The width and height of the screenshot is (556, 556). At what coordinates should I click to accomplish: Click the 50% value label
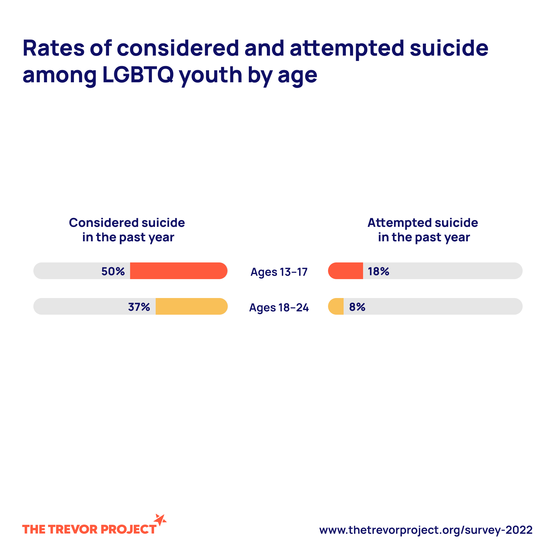click(x=113, y=271)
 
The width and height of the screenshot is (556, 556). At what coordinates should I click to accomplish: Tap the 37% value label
click(x=139, y=307)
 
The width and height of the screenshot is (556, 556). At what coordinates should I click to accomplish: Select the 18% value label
click(x=378, y=271)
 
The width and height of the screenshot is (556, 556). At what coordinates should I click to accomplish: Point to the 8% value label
click(x=357, y=307)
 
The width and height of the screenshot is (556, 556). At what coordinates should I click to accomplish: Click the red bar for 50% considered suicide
click(x=178, y=271)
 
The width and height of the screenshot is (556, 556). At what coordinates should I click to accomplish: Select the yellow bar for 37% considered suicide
click(x=191, y=306)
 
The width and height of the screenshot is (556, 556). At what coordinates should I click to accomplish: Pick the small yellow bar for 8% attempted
click(x=336, y=306)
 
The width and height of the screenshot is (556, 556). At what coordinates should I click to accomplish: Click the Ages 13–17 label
click(x=279, y=272)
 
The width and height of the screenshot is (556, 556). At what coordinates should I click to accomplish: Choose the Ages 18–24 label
click(x=279, y=308)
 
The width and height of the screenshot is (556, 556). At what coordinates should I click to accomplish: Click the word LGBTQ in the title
click(x=138, y=75)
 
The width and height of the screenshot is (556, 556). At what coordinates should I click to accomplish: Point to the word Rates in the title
click(x=54, y=48)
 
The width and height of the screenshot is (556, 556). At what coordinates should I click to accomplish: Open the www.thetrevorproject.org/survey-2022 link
click(x=426, y=530)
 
